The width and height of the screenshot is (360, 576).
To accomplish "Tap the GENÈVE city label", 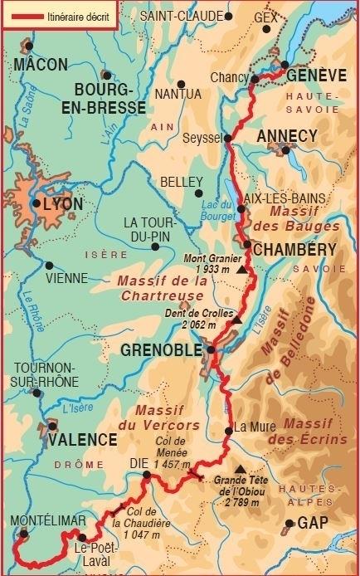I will point(316,76).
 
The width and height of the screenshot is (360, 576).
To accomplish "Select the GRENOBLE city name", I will point(161,350).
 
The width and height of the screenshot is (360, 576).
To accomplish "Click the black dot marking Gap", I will point(289,524).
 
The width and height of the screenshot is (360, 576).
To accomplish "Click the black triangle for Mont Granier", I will point(241,270).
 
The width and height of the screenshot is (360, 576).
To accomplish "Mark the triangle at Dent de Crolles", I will point(236,320).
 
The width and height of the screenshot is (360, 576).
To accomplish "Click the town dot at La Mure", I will point(229,430).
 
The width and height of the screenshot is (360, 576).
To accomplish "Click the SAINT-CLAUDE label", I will point(182,16).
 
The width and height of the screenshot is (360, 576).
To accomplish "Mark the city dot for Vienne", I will point(49,266).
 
